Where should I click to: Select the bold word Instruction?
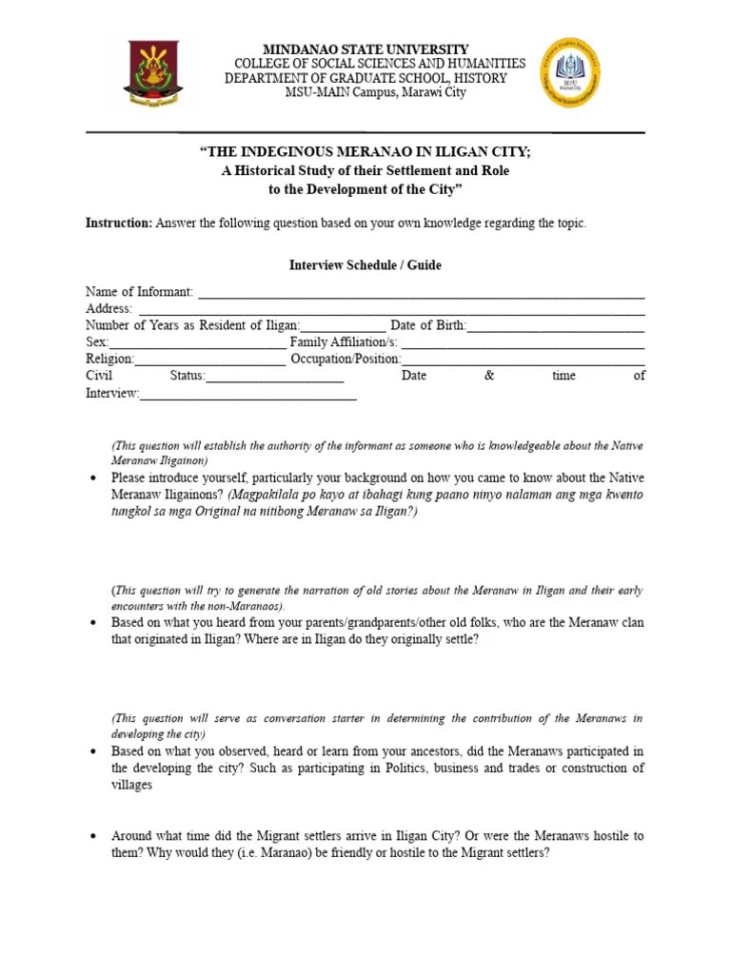click(118, 224)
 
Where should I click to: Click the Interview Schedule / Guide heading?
click(365, 265)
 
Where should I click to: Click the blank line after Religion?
click(209, 360)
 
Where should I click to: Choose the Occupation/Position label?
click(346, 360)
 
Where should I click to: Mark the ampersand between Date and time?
click(489, 376)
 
